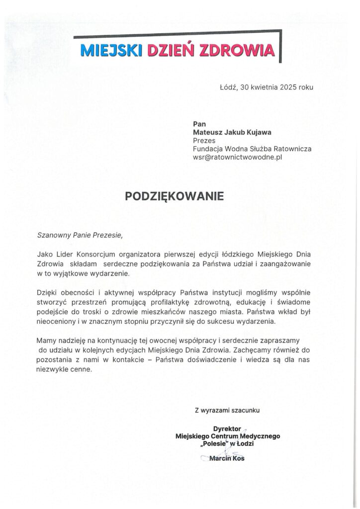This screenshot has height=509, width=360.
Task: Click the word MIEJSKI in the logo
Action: [x=111, y=50]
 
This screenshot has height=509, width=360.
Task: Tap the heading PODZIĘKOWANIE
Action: [x=175, y=196]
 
